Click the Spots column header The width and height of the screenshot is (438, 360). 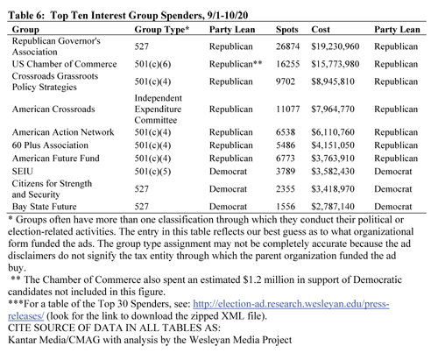pos(286,30)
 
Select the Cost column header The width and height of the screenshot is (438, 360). pos(321,30)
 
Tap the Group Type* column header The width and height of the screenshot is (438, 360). pos(162,30)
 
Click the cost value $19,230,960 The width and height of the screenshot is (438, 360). pos(335,46)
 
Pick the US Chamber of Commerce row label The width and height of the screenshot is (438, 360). pos(64,64)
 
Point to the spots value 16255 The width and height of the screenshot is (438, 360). pos(287,64)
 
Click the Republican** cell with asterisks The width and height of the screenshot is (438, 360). pos(236,64)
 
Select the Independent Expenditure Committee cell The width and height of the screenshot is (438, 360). pos(158,109)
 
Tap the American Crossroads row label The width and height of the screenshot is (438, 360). pos(53,109)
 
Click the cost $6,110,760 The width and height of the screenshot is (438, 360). pos(333,132)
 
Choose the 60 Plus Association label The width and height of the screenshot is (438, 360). pos(50,145)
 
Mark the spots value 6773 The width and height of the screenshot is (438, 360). pos(286,159)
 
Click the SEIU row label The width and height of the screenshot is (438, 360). pos(23,172)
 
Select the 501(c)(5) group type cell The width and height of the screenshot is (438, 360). pos(152,172)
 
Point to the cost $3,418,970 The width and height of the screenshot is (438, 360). pos(333,189)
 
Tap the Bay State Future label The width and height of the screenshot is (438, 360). pos(44,207)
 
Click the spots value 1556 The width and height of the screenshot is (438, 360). pos(286,207)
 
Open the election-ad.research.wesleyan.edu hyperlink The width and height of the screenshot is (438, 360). pos(199,310)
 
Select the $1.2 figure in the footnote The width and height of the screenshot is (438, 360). pos(252,279)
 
